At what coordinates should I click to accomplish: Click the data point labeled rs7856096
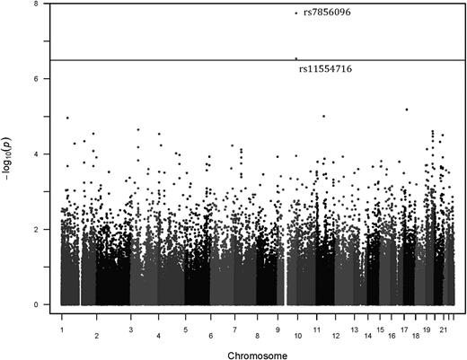click(296, 13)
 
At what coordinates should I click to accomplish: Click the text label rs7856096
click(326, 13)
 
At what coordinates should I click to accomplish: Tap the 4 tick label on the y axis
click(35, 154)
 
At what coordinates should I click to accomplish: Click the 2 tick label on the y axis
click(35, 230)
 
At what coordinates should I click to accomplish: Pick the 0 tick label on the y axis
click(35, 305)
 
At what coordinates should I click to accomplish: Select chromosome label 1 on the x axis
click(62, 318)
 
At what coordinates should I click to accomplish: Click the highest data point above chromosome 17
click(407, 110)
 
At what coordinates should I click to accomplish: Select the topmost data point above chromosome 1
click(67, 118)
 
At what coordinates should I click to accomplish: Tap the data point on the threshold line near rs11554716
click(295, 58)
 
